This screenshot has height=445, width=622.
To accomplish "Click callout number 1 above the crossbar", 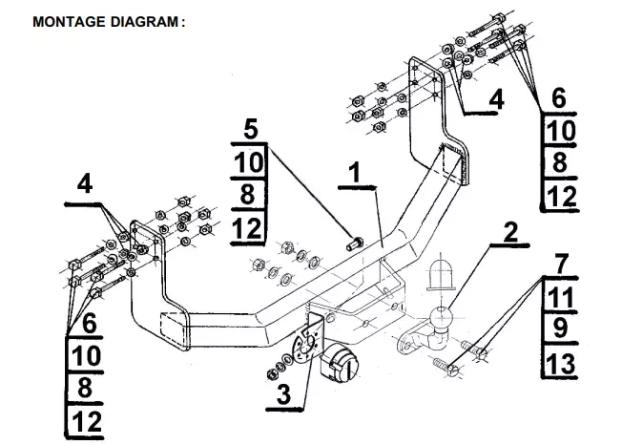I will click(x=354, y=173).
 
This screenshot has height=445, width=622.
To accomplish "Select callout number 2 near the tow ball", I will click(x=510, y=232).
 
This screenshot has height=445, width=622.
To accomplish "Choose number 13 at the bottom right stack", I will click(x=561, y=363).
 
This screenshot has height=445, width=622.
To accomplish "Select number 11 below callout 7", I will click(x=561, y=296).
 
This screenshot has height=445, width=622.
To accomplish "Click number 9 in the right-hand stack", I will click(x=562, y=329).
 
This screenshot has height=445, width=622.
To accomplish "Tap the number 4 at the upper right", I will click(x=497, y=97).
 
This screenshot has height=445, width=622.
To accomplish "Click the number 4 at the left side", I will click(x=87, y=184).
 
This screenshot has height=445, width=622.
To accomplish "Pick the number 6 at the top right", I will click(x=560, y=96).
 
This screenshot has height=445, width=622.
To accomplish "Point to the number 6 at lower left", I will click(x=88, y=323).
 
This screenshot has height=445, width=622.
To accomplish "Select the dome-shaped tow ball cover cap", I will click(x=442, y=273).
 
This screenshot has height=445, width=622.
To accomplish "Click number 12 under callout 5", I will click(x=247, y=228).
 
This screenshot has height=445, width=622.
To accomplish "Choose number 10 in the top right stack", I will click(x=560, y=130).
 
